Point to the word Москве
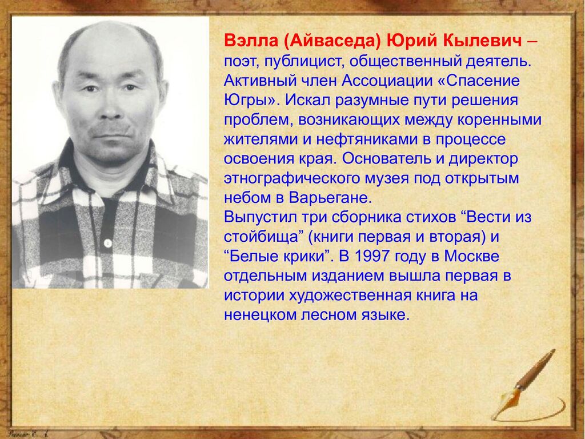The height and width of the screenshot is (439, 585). [471, 257]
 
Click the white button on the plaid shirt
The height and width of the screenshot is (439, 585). [108, 244]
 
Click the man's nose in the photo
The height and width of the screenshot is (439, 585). [110, 107]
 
